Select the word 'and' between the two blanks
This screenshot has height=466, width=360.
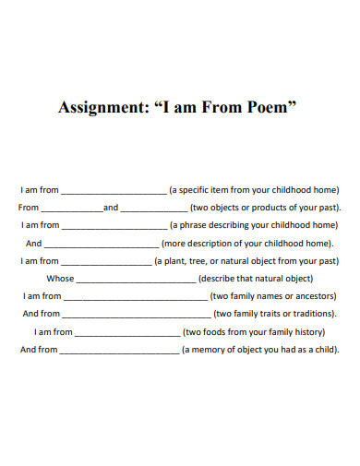click(111, 209)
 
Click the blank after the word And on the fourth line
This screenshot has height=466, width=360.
click(102, 245)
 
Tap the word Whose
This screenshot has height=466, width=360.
click(60, 279)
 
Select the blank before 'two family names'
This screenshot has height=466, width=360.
click(135, 298)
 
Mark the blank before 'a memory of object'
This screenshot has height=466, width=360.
click(119, 352)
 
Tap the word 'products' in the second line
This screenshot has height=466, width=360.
click(274, 208)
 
